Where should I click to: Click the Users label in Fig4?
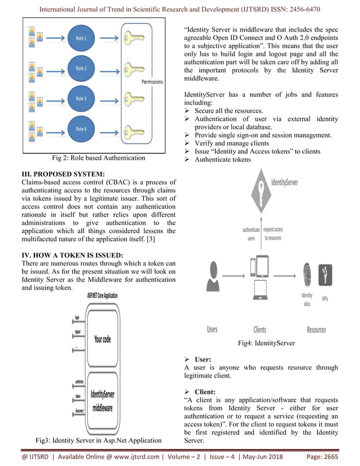(x=212, y=329)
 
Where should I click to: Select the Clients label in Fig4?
(x=260, y=329)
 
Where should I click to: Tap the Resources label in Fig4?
(x=316, y=329)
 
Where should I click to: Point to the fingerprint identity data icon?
(x=307, y=276)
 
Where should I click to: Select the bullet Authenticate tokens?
(x=222, y=160)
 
